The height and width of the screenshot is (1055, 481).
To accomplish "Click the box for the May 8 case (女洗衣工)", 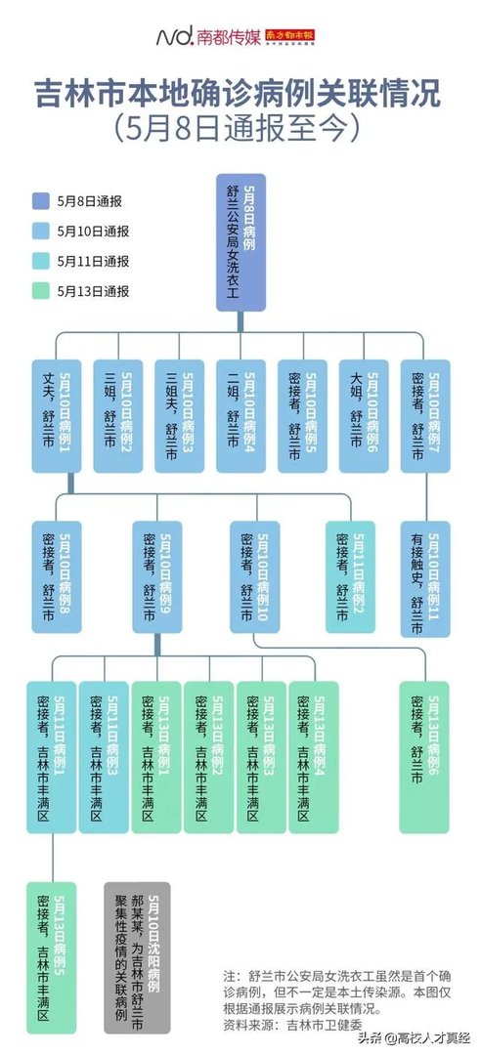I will (x=240, y=243).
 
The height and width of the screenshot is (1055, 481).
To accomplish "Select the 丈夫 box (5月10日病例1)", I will (x=55, y=417).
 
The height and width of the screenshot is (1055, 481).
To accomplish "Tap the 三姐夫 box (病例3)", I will (x=179, y=417).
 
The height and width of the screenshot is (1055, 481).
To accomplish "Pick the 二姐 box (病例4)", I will (x=240, y=417).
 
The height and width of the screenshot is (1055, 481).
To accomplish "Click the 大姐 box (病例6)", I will (x=364, y=417).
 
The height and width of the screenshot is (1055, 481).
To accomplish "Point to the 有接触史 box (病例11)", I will (x=425, y=578).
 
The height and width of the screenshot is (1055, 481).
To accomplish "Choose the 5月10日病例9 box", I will (x=157, y=578).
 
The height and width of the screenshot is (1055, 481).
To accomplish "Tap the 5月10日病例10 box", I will (x=257, y=578).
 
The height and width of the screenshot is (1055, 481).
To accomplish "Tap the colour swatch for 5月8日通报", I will (x=39, y=201).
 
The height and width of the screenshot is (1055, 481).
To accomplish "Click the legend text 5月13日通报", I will (x=93, y=291).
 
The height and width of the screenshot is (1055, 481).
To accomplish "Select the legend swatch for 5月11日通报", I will (x=39, y=261).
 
